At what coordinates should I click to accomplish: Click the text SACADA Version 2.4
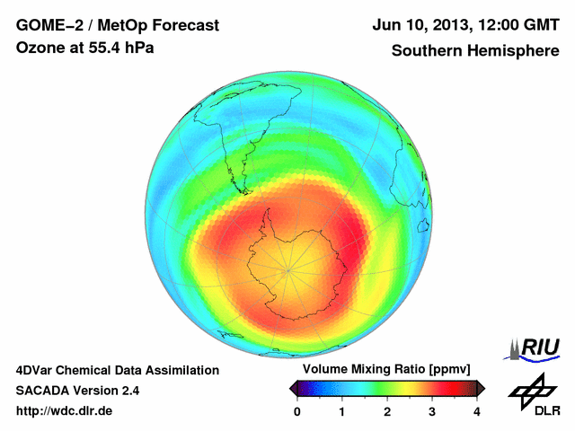[x=77, y=391]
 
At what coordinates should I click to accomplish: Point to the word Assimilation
[x=179, y=370]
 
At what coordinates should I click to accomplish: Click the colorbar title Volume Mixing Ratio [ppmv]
[x=387, y=370]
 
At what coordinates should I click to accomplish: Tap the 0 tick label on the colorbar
[x=297, y=411]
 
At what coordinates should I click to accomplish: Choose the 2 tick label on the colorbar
[x=387, y=411]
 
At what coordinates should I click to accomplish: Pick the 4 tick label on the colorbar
[x=477, y=411]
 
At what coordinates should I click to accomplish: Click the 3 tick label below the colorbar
[x=432, y=411]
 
